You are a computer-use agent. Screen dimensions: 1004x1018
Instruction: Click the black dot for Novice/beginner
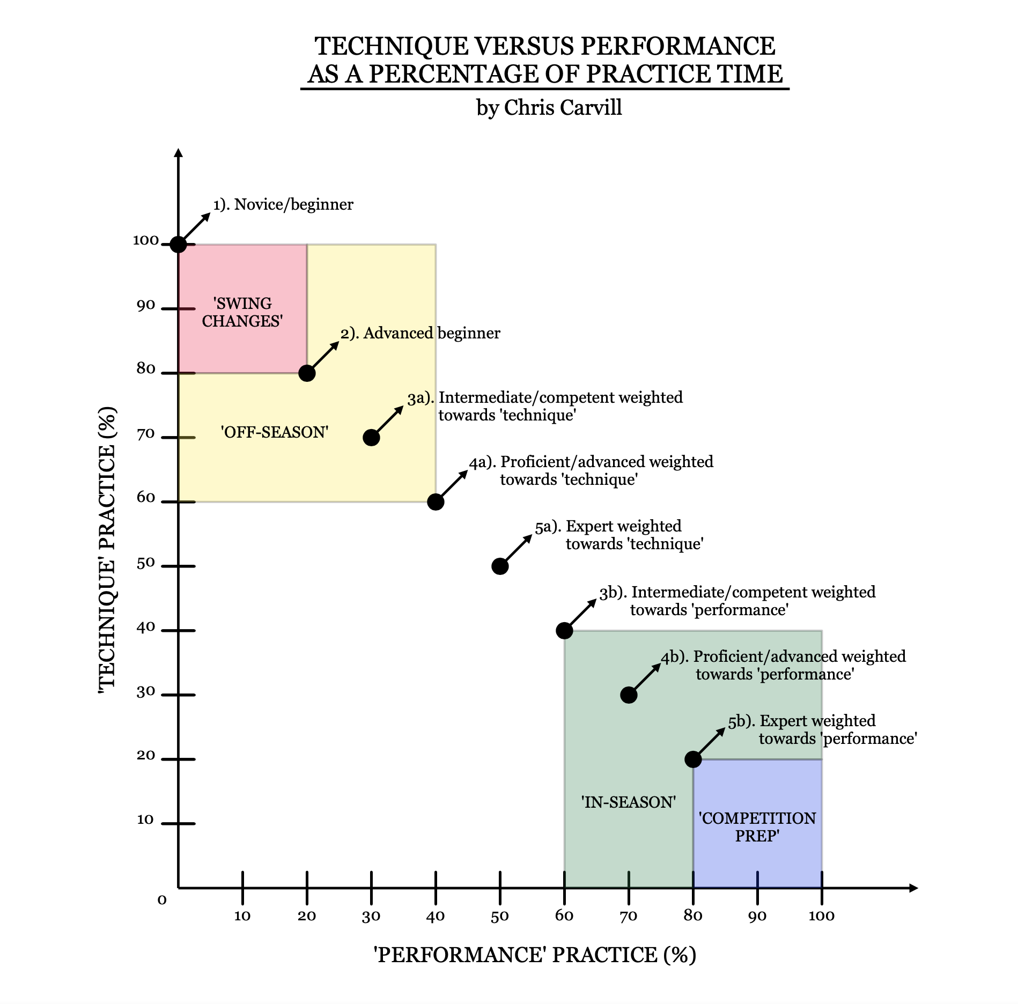tap(178, 245)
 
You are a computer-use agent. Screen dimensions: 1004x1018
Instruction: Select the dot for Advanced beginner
tap(307, 373)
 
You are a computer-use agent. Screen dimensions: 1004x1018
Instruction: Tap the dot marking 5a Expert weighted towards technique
tap(500, 566)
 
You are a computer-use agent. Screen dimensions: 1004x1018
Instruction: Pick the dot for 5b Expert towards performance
tap(693, 759)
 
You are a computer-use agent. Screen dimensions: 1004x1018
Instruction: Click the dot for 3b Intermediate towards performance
tap(564, 631)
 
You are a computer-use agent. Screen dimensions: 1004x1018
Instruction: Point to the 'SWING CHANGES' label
tap(242, 312)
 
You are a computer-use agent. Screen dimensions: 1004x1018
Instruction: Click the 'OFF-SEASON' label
tap(275, 432)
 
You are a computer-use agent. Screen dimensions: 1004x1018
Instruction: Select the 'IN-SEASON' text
tap(629, 802)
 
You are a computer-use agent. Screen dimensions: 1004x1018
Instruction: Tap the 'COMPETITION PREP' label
tap(757, 827)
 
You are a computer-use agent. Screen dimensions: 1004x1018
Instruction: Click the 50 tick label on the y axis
tap(146, 563)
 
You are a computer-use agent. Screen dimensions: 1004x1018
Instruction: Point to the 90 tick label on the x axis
tap(757, 916)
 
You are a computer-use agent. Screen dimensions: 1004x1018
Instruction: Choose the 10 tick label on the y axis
tap(145, 820)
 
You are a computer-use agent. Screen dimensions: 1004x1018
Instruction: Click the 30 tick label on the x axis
tap(371, 916)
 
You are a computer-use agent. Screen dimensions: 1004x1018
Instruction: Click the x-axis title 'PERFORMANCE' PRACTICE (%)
tap(535, 955)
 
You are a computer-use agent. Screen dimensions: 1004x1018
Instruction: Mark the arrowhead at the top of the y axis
tap(179, 153)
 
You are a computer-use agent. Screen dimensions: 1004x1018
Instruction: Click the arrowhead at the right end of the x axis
tap(913, 888)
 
